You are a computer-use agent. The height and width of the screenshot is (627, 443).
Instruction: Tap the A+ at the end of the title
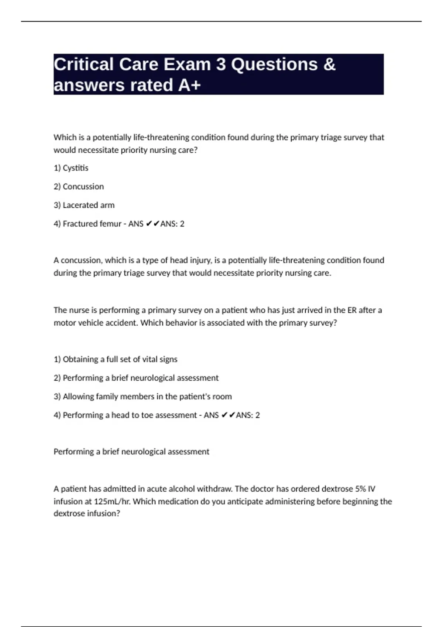point(189,85)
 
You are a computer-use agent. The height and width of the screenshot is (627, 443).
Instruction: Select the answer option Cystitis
point(71,168)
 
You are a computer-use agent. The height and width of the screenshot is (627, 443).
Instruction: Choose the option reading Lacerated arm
point(84,205)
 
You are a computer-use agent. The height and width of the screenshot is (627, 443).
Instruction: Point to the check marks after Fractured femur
point(153,224)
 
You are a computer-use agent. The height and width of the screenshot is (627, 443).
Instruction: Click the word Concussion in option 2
point(83,187)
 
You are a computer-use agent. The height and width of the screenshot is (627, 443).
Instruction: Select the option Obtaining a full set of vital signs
point(116,359)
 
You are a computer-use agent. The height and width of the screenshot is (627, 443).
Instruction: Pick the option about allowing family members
point(143,396)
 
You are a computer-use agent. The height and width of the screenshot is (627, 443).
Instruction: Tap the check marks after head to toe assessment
point(228,415)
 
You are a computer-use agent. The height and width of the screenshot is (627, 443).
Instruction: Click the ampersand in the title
point(329,64)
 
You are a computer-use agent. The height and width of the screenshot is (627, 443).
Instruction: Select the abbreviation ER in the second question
point(352,310)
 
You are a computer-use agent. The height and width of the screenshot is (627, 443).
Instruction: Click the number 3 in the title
point(221,64)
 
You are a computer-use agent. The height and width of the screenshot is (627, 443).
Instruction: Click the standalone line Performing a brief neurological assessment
point(131,452)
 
